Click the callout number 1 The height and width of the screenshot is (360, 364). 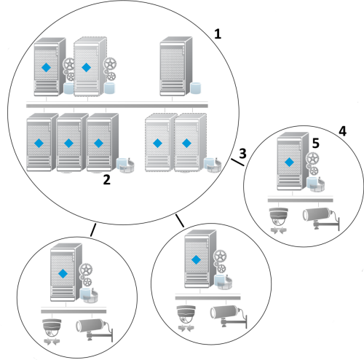tap(218, 34)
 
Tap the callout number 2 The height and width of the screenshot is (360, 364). tap(107, 180)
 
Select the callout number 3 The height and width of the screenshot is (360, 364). tap(242, 153)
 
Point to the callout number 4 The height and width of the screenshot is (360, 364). tap(342, 131)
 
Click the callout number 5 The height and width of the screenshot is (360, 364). tap(316, 143)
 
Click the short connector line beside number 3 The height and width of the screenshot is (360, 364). tap(237, 163)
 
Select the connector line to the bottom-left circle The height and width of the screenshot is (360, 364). tap(93, 230)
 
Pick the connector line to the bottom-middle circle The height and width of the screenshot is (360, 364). tap(180, 221)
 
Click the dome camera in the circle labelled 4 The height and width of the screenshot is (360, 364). tap(279, 221)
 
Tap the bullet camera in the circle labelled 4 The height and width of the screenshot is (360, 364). tap(321, 219)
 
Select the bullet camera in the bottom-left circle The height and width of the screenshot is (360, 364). tap(95, 330)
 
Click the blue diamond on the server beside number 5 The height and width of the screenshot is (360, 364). tap(289, 162)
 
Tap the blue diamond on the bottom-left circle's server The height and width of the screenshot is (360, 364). tap(63, 273)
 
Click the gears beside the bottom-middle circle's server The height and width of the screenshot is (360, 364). tap(220, 262)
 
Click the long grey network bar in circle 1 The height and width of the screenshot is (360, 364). tap(117, 106)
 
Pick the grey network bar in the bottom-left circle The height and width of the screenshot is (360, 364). tap(74, 311)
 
